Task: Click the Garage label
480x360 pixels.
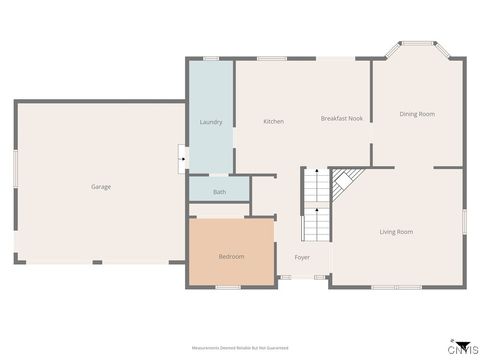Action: (x=101, y=187)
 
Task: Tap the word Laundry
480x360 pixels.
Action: (x=211, y=122)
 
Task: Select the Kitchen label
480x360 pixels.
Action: (x=273, y=122)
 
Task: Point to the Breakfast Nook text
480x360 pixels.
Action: (x=341, y=119)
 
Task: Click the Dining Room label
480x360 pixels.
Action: (x=417, y=114)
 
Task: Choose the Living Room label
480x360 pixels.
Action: (x=396, y=232)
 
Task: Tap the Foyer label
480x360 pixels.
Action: (x=302, y=257)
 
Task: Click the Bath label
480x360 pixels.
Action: (x=219, y=192)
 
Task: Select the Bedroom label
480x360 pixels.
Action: (x=231, y=257)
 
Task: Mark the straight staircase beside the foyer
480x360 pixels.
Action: (x=316, y=205)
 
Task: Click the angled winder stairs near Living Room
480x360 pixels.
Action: (x=345, y=181)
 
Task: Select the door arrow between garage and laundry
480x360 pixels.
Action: (x=182, y=157)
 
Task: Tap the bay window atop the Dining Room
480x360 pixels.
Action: (x=417, y=44)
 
